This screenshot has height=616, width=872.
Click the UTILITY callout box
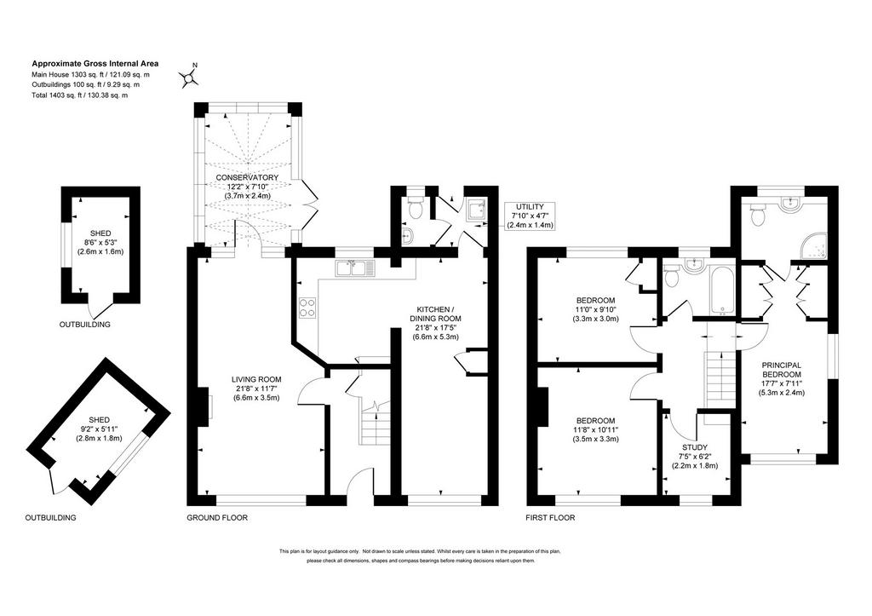[x=530, y=216]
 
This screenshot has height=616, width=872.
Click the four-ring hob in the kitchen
[x=307, y=308]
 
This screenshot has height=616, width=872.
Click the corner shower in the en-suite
[x=813, y=248]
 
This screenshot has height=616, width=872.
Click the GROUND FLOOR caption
[x=217, y=517]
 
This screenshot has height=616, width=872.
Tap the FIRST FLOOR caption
[x=551, y=517]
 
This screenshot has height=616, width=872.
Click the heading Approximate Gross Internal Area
[x=95, y=63]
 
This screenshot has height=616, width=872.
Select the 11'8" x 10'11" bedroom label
[x=595, y=429]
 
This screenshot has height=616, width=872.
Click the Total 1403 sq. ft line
[x=79, y=95]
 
